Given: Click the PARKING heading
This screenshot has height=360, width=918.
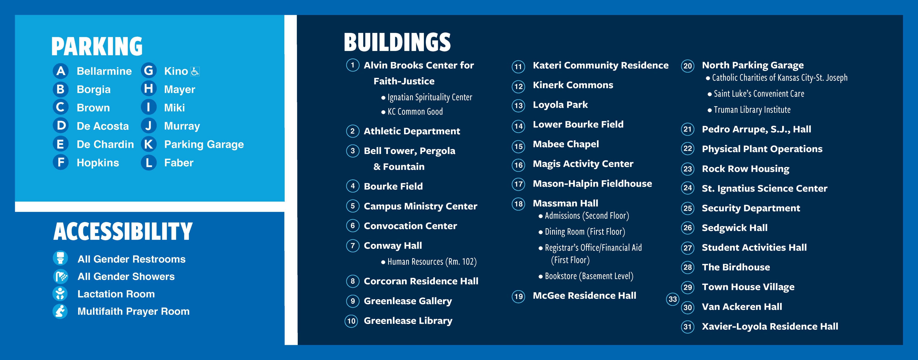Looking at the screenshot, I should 97,46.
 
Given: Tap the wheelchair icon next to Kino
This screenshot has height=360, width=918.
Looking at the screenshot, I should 195,71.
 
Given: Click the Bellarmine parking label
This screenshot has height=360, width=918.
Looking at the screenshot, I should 104,71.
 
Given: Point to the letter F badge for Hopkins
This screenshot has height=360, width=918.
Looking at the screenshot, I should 61,163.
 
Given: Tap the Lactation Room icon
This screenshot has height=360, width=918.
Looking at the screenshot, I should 60,293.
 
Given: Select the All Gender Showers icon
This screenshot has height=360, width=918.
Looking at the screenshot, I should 60,276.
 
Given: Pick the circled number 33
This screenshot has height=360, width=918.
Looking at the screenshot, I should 672,299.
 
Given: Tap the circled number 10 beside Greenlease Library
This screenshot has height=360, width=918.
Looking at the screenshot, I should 351,321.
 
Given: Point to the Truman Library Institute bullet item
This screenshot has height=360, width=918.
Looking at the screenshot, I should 752,110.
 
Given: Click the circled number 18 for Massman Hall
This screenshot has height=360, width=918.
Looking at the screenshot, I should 518,204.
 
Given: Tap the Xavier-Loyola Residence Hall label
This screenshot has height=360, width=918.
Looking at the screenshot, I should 770,326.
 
